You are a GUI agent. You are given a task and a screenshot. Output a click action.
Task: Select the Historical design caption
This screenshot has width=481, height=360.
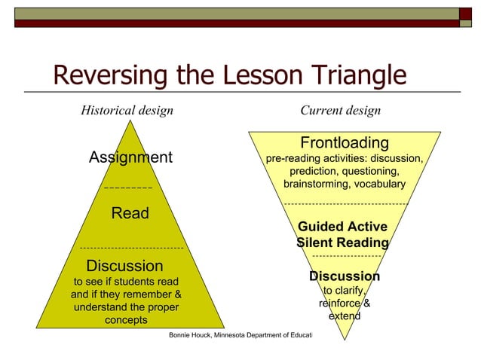click(x=127, y=111)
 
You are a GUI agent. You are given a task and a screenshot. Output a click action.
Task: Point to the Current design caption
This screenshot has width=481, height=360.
click(x=340, y=111)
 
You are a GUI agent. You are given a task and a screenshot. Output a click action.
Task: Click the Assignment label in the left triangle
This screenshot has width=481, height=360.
click(x=130, y=157)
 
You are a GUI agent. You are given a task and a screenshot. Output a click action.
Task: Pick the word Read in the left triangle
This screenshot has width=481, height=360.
click(x=130, y=213)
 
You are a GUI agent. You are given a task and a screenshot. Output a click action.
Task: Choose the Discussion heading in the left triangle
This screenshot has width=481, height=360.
click(x=124, y=266)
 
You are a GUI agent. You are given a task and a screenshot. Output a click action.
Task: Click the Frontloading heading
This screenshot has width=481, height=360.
click(x=345, y=143)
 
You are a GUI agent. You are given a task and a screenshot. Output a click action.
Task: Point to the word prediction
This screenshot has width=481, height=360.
click(x=307, y=172)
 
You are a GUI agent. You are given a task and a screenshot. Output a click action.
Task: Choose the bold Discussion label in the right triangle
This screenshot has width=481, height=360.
click(x=345, y=276)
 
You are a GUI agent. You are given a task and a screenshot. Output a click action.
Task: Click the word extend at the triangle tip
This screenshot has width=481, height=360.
click(x=344, y=316)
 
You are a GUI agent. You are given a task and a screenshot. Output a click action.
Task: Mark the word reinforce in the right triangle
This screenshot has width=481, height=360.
click(x=339, y=304)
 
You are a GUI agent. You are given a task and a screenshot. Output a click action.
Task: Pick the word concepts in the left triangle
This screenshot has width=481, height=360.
click(x=126, y=320)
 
